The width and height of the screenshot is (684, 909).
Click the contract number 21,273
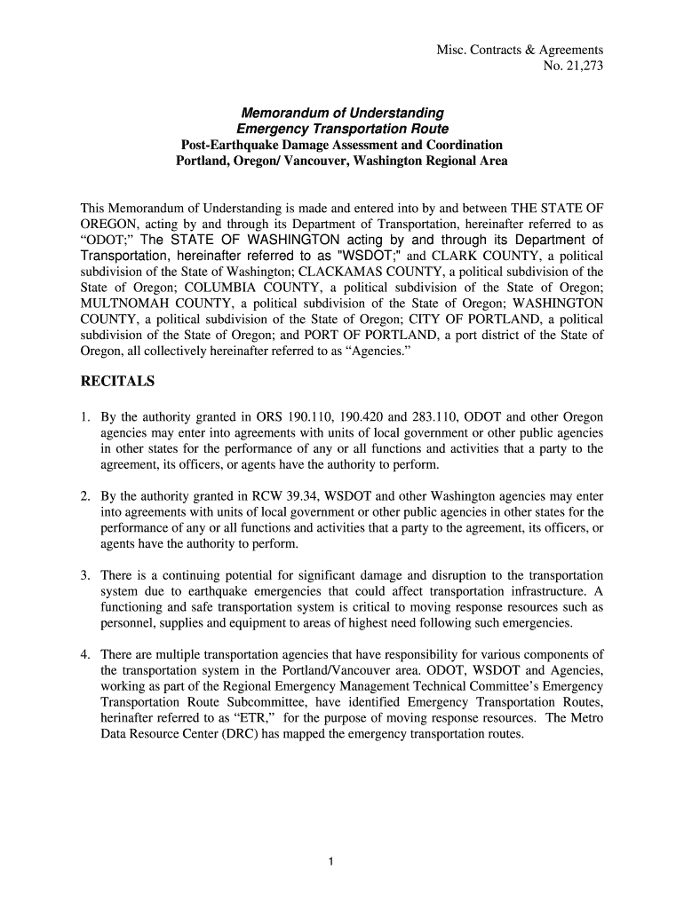581,66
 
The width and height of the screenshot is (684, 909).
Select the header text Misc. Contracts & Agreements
520,50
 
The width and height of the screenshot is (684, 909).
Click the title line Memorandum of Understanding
343,113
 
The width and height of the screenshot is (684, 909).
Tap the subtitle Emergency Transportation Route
342,129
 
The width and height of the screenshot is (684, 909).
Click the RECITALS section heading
117,382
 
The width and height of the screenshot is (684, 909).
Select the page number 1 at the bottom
330,861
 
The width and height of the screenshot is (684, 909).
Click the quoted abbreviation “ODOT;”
106,241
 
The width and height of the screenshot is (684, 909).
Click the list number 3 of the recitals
84,576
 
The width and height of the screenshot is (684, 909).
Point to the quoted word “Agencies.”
375,352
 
